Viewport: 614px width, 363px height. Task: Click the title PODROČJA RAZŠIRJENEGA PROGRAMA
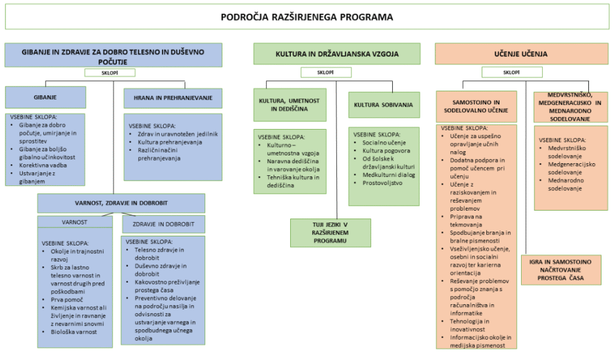(x=306, y=17)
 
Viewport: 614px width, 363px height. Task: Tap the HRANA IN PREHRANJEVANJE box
(x=173, y=97)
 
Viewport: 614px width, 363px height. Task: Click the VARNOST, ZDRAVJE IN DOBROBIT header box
(x=121, y=202)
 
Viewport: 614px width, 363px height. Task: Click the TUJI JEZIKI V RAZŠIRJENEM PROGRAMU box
(x=330, y=233)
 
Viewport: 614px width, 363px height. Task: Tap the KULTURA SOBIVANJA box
(x=383, y=105)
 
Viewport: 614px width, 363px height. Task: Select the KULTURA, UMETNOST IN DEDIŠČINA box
(x=290, y=104)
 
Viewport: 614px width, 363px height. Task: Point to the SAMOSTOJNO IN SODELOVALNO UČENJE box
(x=476, y=107)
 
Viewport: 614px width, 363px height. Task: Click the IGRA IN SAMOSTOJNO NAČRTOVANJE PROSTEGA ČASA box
(x=561, y=269)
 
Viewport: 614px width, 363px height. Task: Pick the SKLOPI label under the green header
(x=326, y=73)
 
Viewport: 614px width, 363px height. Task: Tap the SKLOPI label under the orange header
(x=511, y=73)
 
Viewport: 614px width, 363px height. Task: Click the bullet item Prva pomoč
(x=67, y=299)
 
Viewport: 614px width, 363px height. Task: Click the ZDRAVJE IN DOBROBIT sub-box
(x=163, y=224)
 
